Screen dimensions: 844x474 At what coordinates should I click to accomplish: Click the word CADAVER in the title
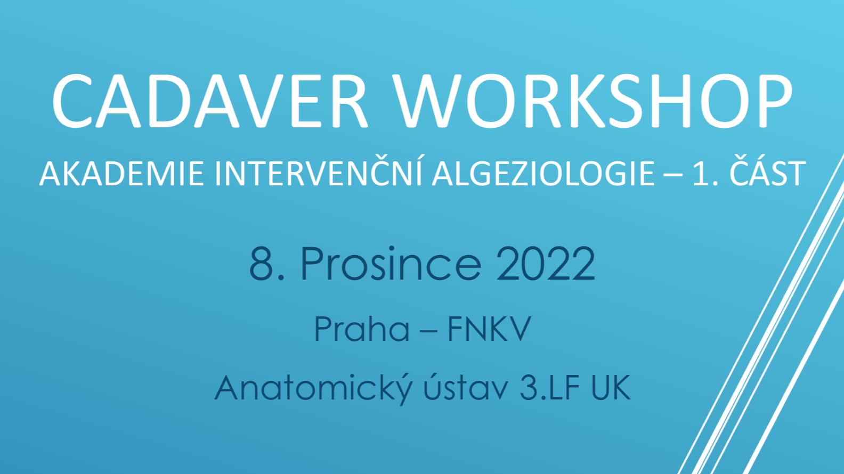click(x=210, y=101)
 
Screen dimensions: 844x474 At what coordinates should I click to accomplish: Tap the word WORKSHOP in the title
click(x=593, y=101)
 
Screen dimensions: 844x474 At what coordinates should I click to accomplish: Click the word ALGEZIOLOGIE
click(x=543, y=174)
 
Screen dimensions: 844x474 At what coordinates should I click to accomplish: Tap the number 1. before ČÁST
click(x=705, y=174)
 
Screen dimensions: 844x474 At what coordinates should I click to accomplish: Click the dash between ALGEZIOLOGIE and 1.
click(x=674, y=175)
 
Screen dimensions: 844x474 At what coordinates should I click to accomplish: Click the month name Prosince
click(x=391, y=263)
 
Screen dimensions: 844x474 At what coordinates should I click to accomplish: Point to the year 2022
click(x=545, y=263)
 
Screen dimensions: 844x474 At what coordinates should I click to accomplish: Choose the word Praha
click(x=361, y=329)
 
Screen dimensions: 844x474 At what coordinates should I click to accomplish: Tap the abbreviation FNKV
click(x=489, y=329)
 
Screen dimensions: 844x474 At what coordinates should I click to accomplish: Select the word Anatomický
click(x=313, y=388)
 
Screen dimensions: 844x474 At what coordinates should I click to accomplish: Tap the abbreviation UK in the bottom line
click(x=611, y=388)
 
